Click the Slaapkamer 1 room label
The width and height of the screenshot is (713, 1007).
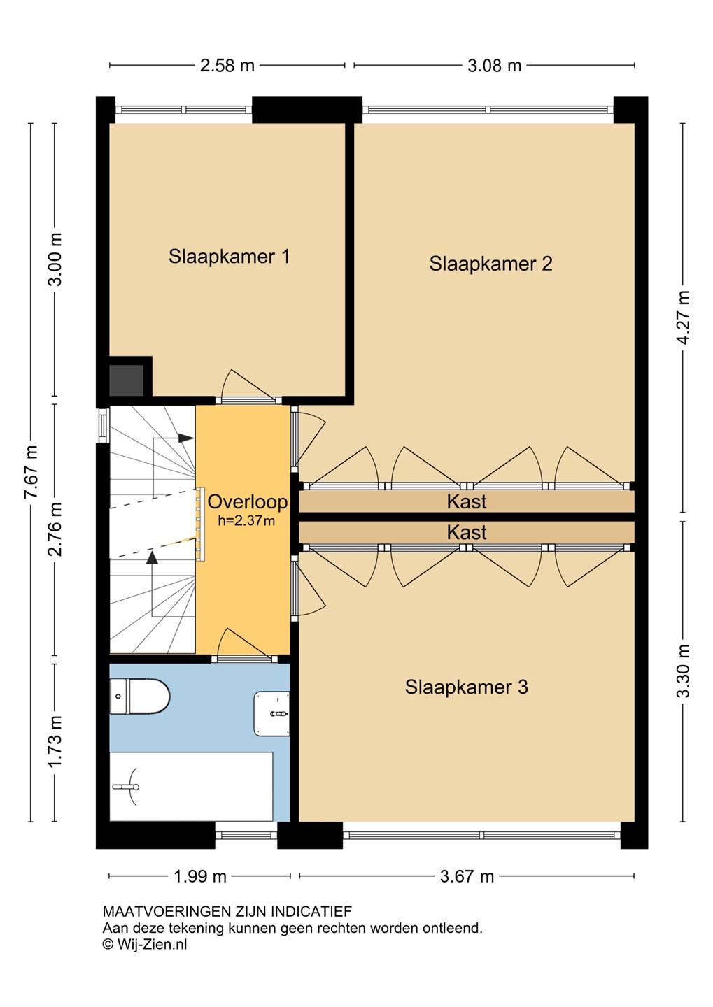[229, 256]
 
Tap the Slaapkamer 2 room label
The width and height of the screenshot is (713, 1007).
[490, 264]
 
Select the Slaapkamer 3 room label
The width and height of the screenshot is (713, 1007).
[467, 687]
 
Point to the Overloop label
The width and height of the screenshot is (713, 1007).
[248, 501]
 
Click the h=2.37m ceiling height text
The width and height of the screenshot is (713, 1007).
[246, 520]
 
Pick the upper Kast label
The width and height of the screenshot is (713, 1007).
[467, 501]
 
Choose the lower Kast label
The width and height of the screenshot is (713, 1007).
[467, 532]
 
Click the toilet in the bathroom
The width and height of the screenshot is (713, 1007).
[140, 697]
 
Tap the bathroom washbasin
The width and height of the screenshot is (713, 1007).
[271, 713]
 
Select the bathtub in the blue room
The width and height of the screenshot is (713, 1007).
[191, 786]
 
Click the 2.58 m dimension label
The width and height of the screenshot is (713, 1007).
[227, 66]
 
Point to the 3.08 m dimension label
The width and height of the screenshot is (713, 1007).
[494, 66]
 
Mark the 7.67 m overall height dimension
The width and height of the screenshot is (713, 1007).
[31, 472]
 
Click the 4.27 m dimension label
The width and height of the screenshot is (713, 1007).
[683, 317]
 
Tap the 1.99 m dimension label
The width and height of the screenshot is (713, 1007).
[199, 876]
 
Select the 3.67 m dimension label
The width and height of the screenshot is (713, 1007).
[467, 876]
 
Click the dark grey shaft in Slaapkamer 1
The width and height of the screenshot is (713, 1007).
[127, 380]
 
